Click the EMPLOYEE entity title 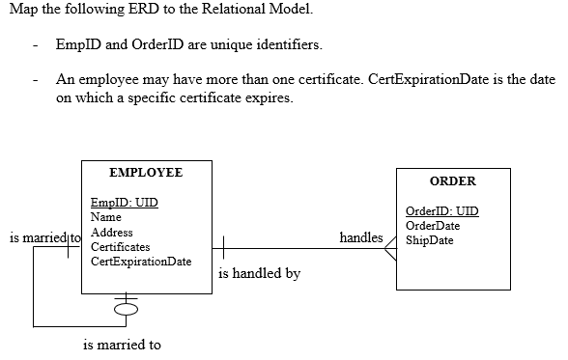146,173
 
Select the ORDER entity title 452,181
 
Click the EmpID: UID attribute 124,203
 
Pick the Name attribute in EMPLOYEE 105,217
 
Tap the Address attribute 111,233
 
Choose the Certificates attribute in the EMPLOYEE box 120,247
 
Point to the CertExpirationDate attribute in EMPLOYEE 140,262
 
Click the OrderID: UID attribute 441,211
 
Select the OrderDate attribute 433,226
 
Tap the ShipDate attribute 429,240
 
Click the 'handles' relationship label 361,236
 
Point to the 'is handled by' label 260,273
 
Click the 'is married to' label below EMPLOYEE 123,345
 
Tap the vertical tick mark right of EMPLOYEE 224,249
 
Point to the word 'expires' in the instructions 268,98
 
